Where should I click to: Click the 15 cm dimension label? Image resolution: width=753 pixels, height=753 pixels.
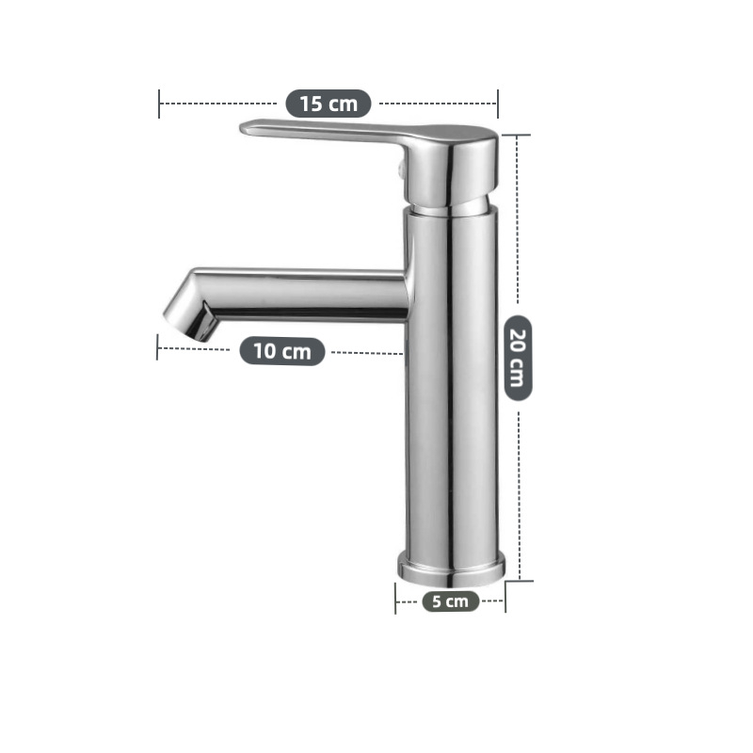328,104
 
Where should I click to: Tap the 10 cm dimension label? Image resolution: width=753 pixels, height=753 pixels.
282,351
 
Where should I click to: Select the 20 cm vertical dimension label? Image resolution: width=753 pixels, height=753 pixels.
519,359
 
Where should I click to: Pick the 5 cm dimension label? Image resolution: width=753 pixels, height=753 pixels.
451,601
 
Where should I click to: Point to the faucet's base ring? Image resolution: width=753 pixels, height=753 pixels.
452,569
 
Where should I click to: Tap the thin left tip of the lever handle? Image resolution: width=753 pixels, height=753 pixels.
246,128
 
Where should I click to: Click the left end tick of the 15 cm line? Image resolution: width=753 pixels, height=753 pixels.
159,104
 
